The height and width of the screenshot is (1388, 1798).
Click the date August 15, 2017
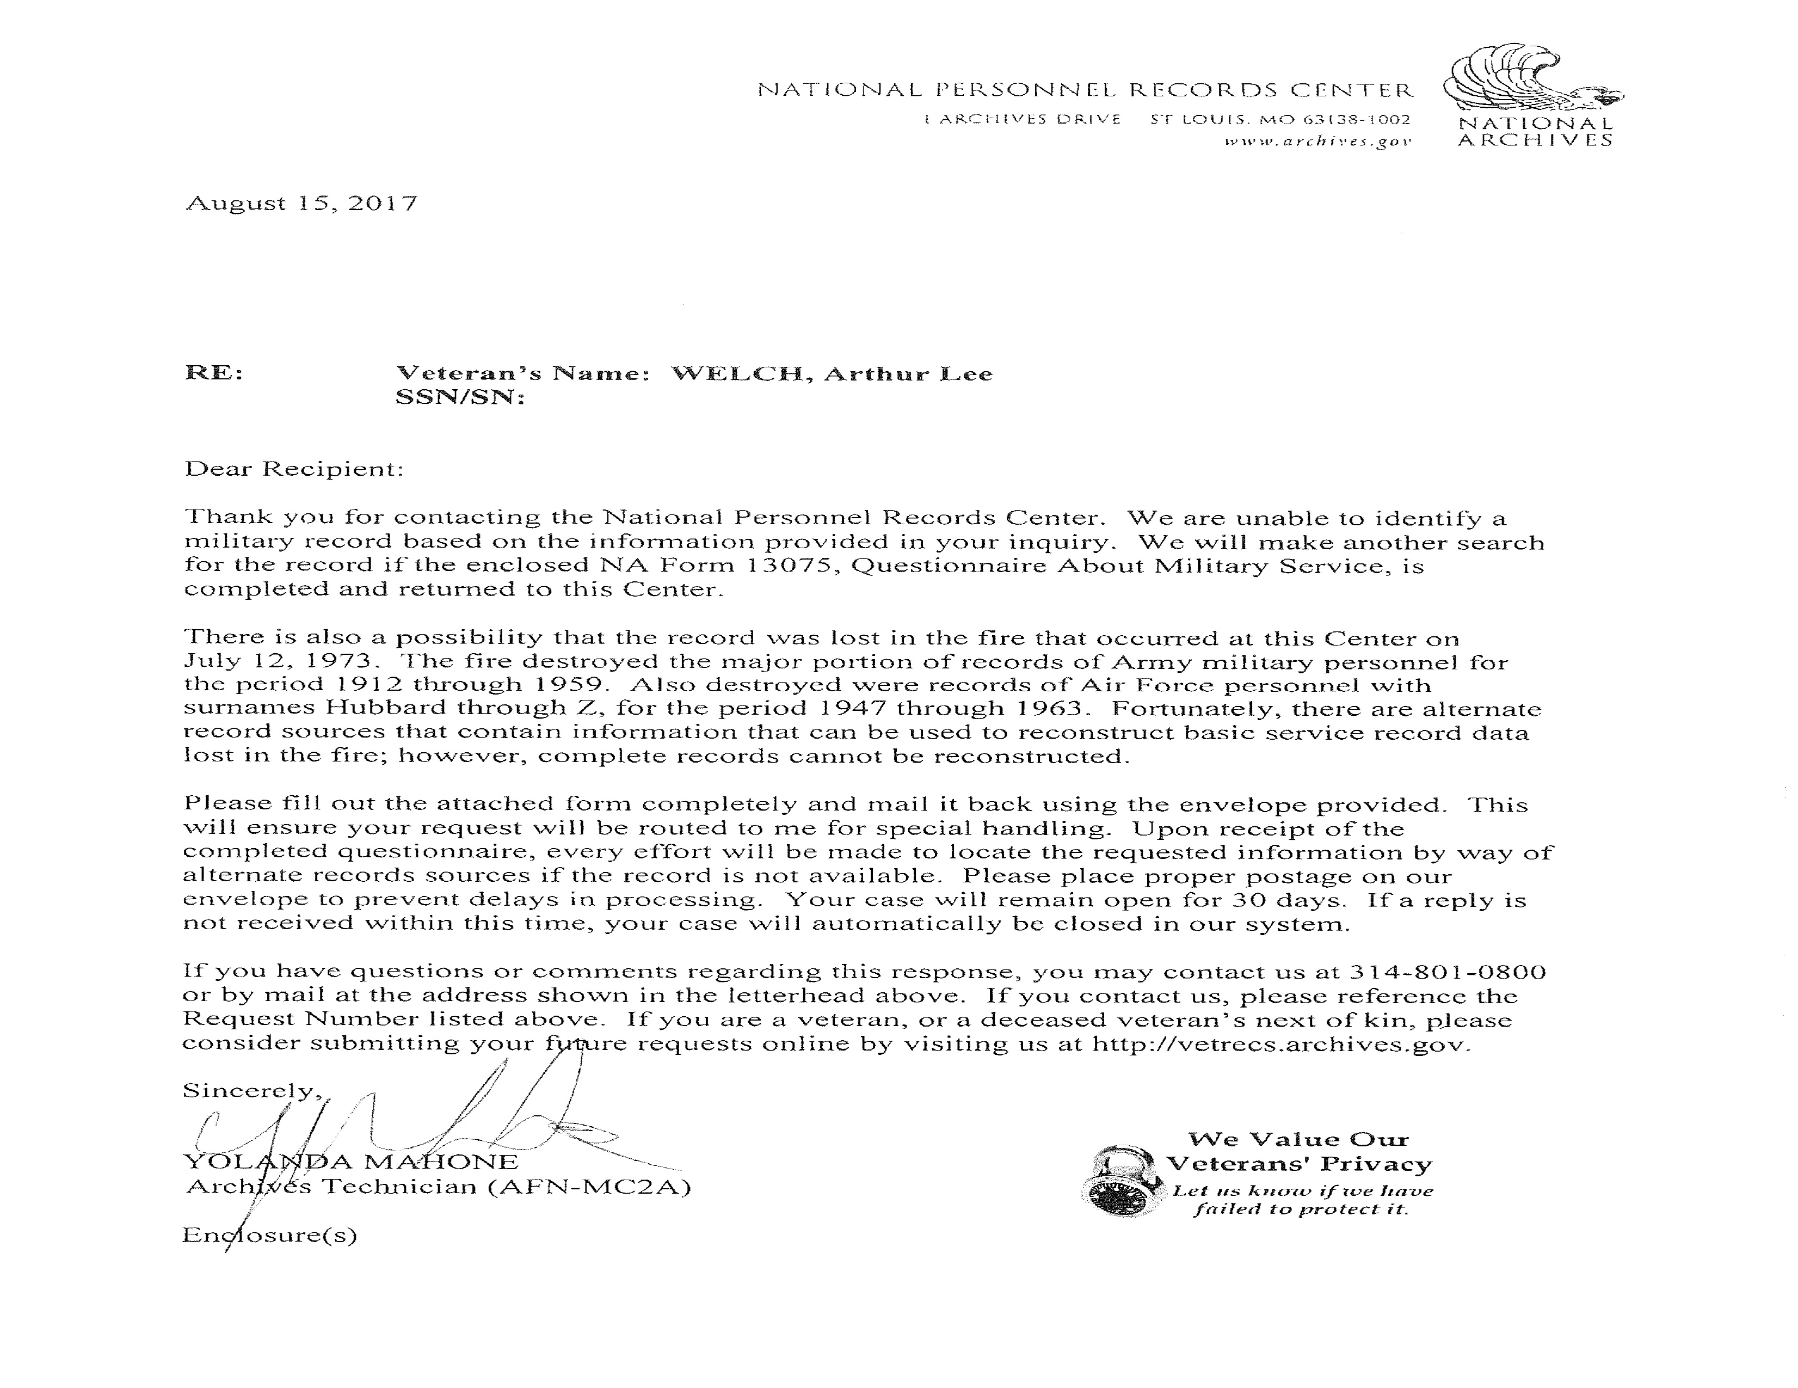coord(301,204)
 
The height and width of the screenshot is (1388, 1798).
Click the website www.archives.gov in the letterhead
coord(1318,142)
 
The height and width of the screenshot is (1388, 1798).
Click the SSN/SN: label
coord(459,398)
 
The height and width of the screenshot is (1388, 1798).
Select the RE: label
coord(214,373)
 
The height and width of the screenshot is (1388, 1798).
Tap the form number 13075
coord(795,566)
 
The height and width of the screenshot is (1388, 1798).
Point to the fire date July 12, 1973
coord(281,661)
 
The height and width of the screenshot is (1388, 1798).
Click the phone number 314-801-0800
coord(1448,972)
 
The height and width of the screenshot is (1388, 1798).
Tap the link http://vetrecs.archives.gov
coord(1279,1044)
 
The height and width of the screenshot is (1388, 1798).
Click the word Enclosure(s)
coord(270,1235)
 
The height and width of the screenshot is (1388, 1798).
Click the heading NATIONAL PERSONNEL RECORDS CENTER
coord(1084,90)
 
